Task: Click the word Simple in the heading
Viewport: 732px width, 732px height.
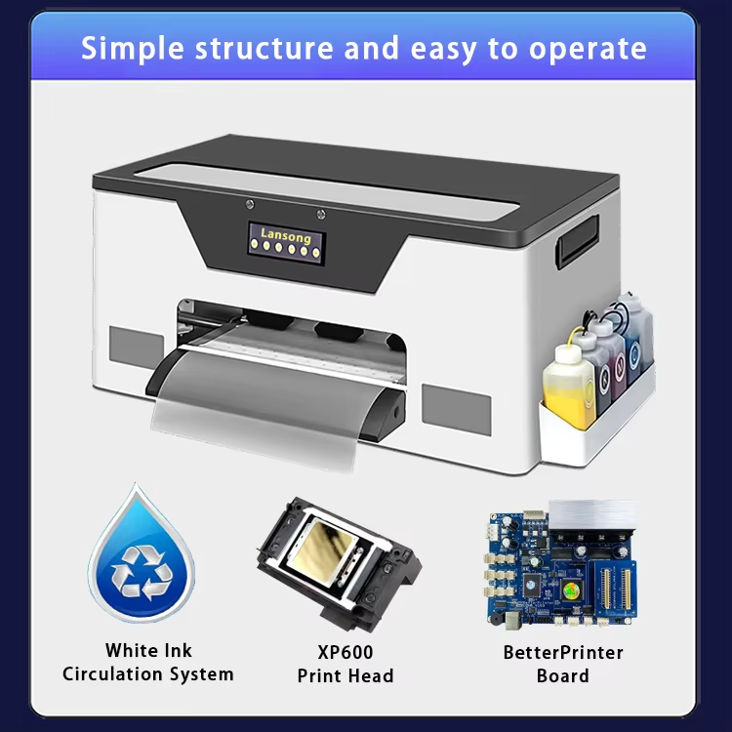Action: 133,49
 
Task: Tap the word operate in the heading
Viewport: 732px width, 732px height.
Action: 588,50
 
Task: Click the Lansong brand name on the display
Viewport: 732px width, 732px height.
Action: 286,235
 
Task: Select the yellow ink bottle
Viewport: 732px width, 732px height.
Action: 569,386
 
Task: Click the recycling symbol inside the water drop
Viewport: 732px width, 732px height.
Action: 142,573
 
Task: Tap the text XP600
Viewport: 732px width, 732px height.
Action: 346,652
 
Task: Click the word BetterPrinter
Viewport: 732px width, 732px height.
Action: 563,652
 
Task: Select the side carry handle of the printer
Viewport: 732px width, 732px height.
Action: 577,242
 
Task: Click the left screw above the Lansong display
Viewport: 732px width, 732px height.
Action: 250,204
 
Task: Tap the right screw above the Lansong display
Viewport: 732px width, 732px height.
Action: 321,215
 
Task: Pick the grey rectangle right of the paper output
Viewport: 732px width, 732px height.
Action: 456,410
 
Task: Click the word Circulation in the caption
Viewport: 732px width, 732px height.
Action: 113,674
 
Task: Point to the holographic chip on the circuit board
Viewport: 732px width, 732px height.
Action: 570,590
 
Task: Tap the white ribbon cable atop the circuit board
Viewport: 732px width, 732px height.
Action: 592,515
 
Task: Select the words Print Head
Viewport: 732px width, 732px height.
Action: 346,676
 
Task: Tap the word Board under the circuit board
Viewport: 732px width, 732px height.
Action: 563,676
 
